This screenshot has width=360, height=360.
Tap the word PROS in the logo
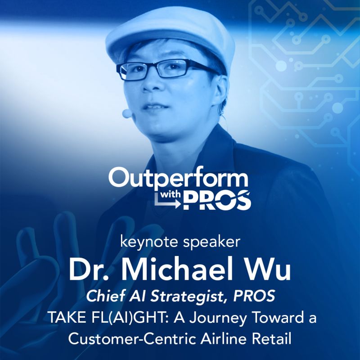pos(217,201)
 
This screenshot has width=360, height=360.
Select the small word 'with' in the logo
pos(170,195)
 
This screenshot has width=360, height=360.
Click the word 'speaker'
pos(211,243)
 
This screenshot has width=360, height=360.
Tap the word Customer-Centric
pos(132,339)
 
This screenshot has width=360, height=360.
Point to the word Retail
pos(271,339)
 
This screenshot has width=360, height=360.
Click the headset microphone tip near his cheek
pos(127,113)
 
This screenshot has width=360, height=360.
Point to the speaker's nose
pos(150,83)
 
